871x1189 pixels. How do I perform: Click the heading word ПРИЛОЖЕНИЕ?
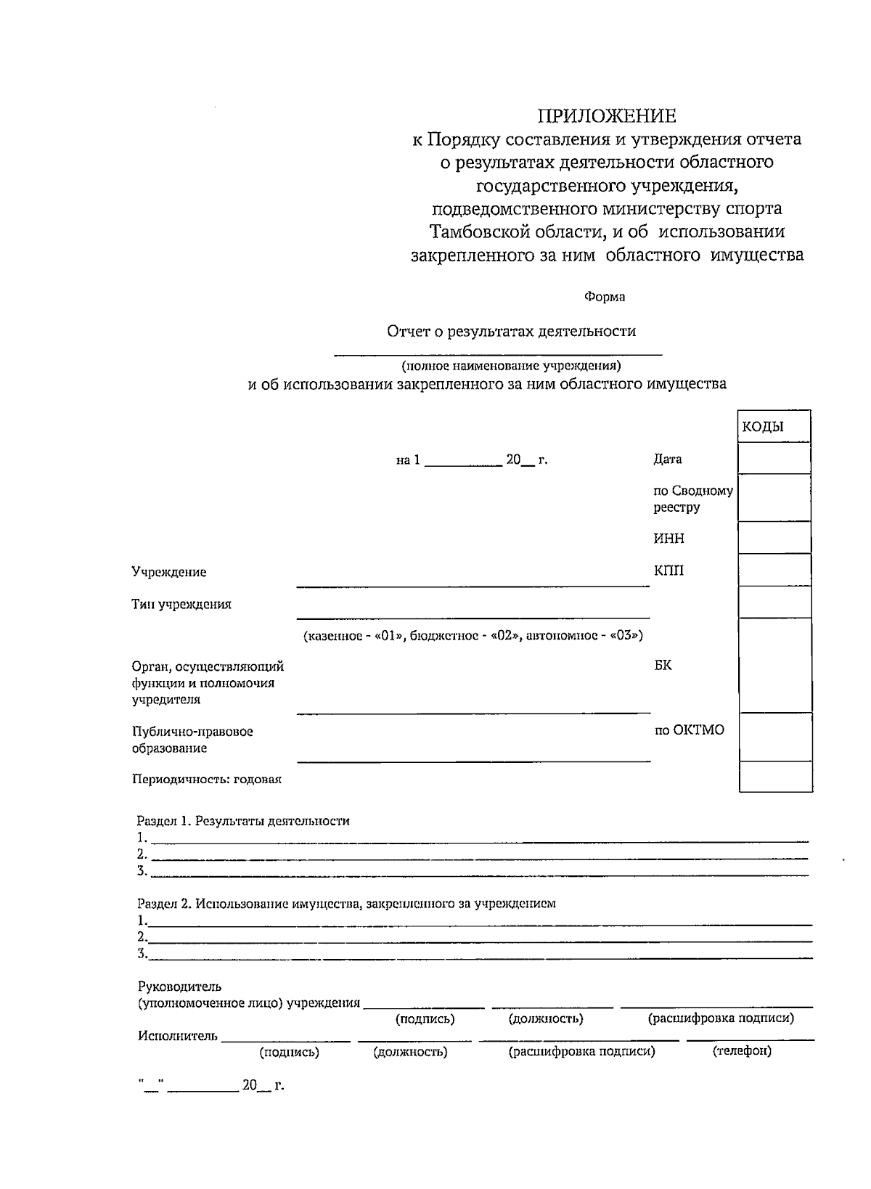click(606, 116)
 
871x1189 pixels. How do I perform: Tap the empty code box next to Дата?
click(774, 459)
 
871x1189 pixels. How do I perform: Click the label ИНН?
click(668, 539)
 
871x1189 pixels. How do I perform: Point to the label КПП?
click(668, 571)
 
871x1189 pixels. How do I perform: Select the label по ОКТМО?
click(689, 730)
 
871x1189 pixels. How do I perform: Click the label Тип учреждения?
click(181, 604)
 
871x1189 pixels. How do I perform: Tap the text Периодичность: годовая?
click(207, 780)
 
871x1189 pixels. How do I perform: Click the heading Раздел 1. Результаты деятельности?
click(243, 821)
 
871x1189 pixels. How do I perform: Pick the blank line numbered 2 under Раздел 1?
click(479, 854)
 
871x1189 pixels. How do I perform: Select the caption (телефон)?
click(742, 1051)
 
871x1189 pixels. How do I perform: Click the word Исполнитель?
click(177, 1036)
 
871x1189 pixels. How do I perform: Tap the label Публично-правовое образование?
click(192, 740)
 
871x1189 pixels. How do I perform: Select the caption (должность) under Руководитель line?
click(546, 1018)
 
